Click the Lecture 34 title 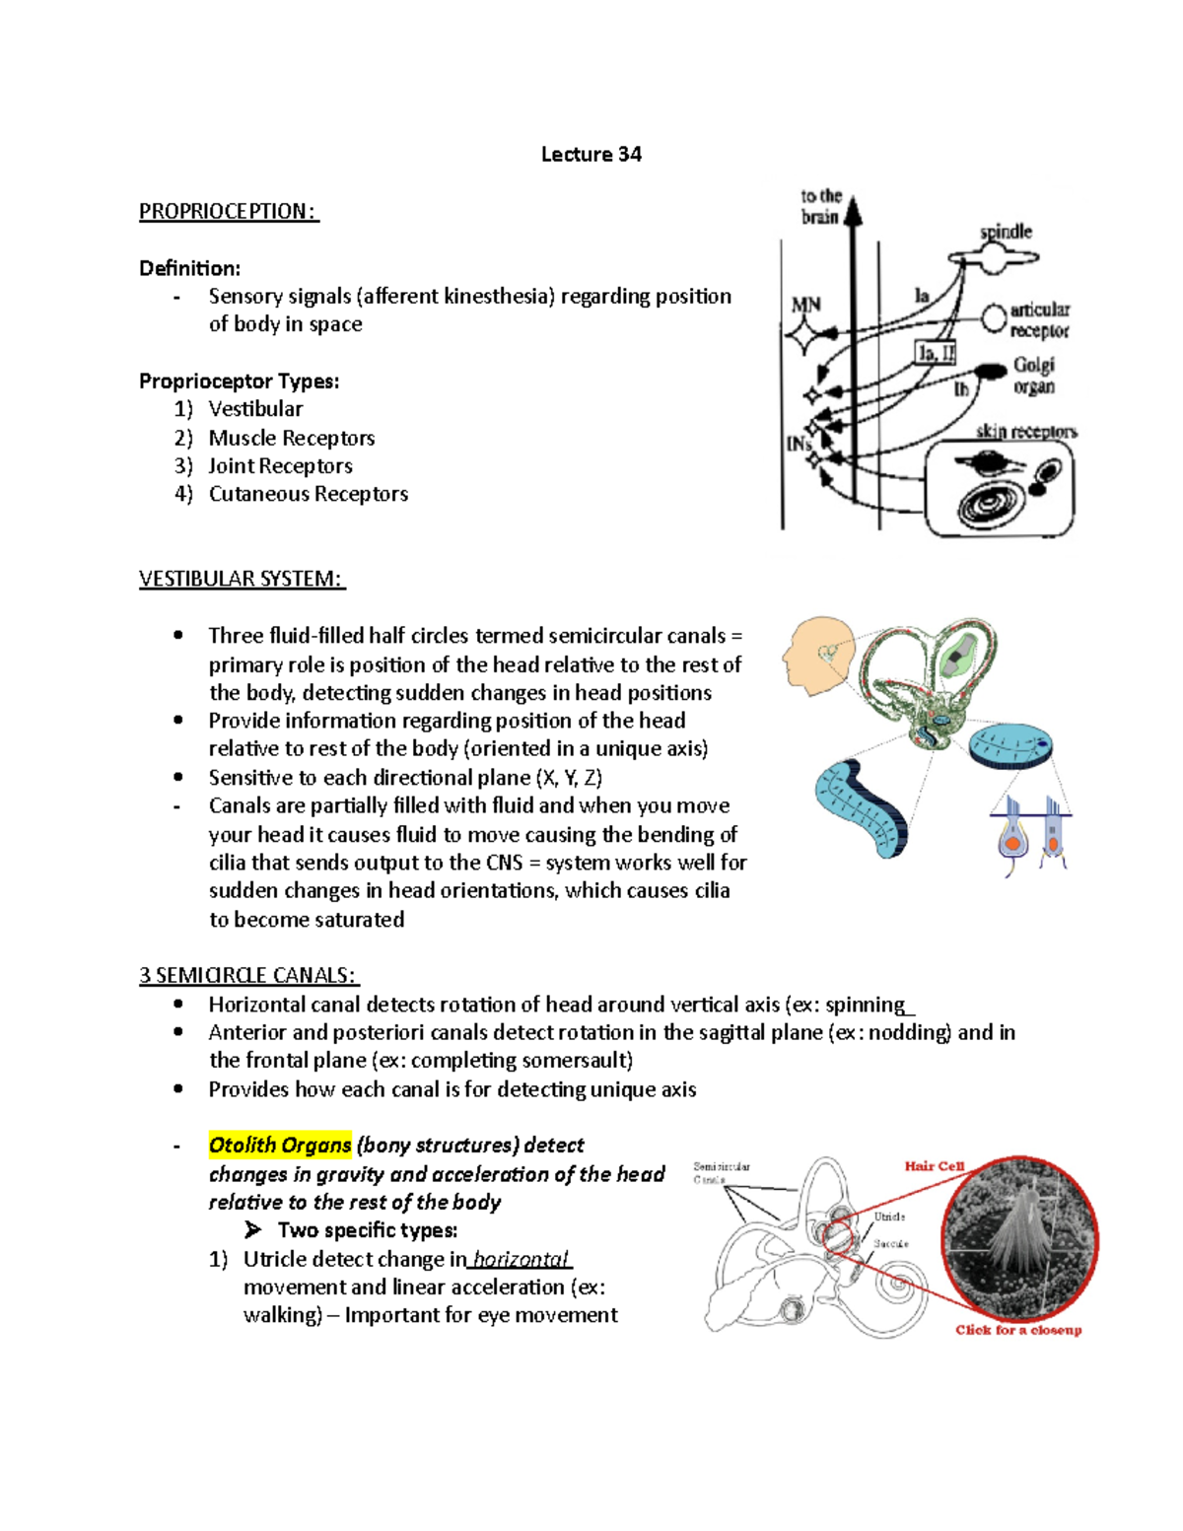point(591,155)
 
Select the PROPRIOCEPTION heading point(229,212)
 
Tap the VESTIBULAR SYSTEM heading point(242,579)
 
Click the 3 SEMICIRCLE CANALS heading point(248,975)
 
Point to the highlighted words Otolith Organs point(280,1145)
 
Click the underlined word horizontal point(521,1259)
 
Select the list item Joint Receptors point(280,465)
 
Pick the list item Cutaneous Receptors point(308,494)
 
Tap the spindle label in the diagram point(1006,232)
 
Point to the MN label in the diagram point(805,306)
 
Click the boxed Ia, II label point(935,352)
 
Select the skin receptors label point(1025,432)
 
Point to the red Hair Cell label point(934,1166)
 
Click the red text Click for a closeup point(1017,1330)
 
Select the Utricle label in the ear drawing point(889,1217)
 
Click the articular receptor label point(1039,320)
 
